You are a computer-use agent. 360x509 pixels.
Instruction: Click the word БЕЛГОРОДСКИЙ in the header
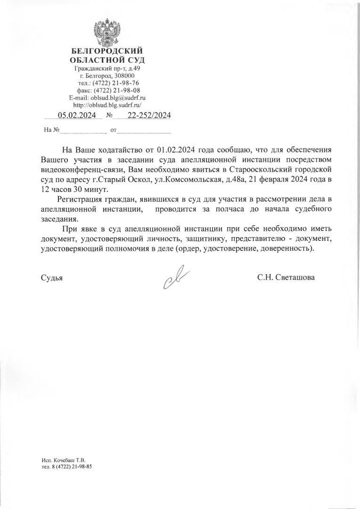tap(107, 51)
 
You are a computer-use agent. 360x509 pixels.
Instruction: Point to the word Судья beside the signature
tap(52, 278)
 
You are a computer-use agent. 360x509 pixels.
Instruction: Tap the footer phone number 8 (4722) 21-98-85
tap(70, 467)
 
